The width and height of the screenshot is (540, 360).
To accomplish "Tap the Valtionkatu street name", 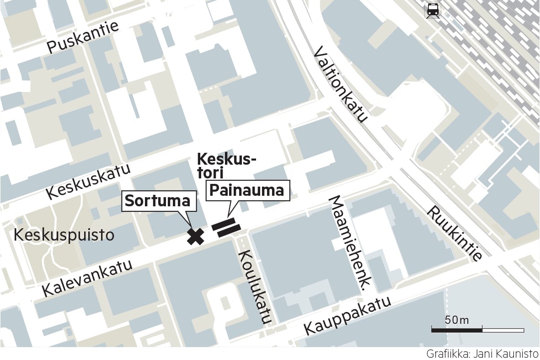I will pos(341,85).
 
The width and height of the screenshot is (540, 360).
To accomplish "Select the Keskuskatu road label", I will pos(89,181).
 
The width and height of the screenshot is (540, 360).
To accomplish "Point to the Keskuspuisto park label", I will pos(64,235).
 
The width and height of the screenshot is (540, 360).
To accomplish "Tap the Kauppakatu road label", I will pos(348,315).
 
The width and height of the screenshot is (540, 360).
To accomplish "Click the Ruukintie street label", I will pos(455,233).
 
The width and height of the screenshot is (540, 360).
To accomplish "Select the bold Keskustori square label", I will pos(226,166).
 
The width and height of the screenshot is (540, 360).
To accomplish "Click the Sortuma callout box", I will pos(158,201).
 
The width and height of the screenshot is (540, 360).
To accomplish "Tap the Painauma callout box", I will pos(249,190).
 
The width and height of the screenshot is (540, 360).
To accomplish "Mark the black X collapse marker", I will pos(196,236).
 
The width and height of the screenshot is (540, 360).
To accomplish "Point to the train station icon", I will pos(432,11).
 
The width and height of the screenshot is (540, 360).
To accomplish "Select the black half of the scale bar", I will pos(457,329).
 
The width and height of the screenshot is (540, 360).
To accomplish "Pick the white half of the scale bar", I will pos(503,329).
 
